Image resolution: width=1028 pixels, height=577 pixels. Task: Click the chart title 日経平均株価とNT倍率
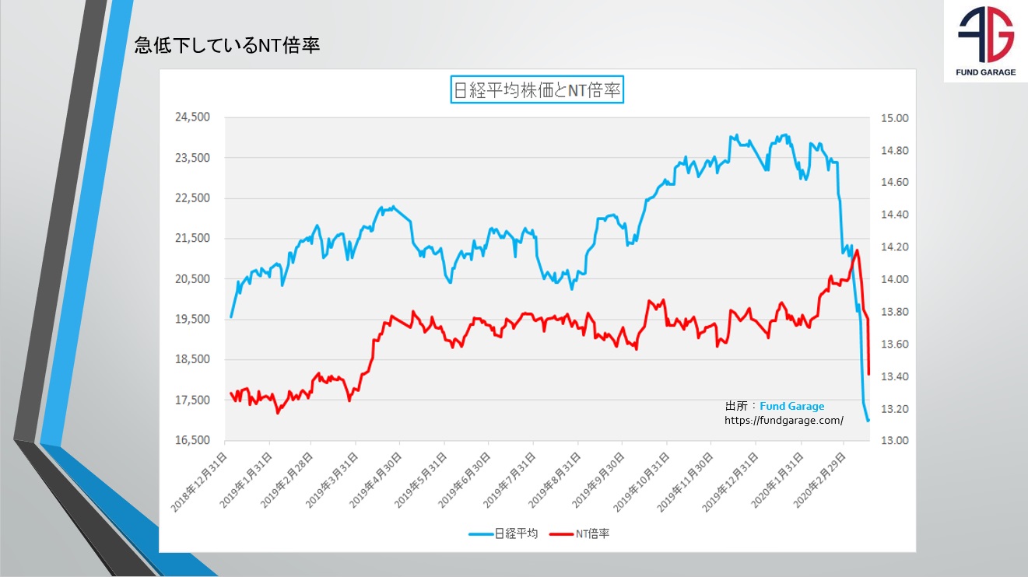click(x=537, y=90)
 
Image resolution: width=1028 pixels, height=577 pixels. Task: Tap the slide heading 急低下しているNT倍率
click(x=226, y=46)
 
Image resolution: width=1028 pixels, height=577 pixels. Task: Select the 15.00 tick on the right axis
click(x=895, y=118)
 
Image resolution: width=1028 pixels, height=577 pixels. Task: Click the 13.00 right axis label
click(x=895, y=440)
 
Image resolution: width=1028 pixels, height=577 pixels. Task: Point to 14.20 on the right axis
click(x=895, y=247)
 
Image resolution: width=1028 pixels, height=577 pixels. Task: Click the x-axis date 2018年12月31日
click(x=201, y=482)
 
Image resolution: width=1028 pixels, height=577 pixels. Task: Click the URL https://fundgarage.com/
click(x=784, y=420)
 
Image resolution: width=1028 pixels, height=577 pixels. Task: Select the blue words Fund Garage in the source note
click(x=791, y=406)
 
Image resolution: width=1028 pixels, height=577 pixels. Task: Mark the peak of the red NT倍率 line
click(x=857, y=250)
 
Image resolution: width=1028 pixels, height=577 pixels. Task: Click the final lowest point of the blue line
click(x=868, y=420)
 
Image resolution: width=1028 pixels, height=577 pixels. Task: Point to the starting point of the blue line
click(x=231, y=317)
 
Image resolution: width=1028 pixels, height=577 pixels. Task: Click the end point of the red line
click(x=868, y=374)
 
